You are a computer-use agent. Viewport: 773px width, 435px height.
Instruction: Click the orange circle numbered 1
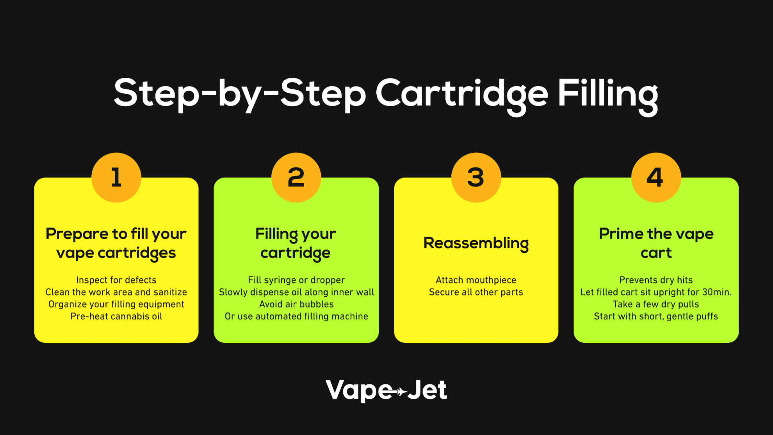click(x=116, y=177)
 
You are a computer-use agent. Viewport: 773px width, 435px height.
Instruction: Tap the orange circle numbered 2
click(x=296, y=177)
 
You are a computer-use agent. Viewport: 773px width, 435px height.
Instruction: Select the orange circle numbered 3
click(x=476, y=177)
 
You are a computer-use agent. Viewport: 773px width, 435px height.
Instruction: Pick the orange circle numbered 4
click(x=656, y=177)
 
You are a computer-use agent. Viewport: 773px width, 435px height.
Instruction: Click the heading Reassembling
click(x=476, y=243)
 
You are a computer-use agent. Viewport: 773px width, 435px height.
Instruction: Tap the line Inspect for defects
click(x=116, y=280)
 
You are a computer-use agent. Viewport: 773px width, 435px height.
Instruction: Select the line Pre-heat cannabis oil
click(x=116, y=316)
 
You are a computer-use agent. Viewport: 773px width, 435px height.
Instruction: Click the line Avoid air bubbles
click(x=296, y=304)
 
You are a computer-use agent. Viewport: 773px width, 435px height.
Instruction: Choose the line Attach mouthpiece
click(x=476, y=280)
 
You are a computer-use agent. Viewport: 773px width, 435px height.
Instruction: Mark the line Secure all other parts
click(x=476, y=292)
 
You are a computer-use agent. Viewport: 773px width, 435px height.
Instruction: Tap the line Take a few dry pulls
click(x=656, y=304)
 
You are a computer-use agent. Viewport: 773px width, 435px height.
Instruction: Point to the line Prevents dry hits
click(x=656, y=280)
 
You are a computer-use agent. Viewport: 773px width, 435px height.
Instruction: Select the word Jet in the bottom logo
click(x=427, y=390)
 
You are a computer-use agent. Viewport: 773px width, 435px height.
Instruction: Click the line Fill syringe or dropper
click(x=296, y=280)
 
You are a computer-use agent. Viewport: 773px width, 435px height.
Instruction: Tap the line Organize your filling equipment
click(x=116, y=304)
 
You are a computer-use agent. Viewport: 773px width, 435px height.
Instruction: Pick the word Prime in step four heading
click(x=621, y=234)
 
